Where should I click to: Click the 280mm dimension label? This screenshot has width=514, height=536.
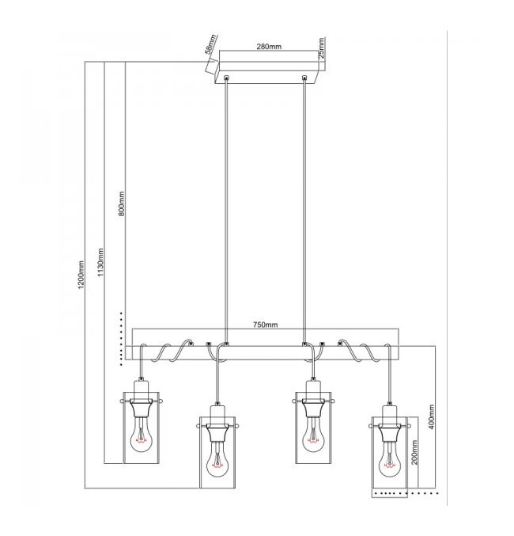pos(269,47)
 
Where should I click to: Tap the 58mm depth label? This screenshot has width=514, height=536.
pos(210,44)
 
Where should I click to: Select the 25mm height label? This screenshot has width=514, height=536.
pos(321,48)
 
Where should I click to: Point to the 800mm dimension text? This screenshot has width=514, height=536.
pos(122,203)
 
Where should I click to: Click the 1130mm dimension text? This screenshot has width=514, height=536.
pos(100,262)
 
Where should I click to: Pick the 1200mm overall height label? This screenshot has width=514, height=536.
pos(81,275)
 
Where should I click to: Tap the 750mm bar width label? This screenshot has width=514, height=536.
pos(266,325)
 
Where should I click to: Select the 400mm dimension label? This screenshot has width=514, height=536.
pos(431,416)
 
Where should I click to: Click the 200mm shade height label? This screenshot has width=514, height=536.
pos(414,452)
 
